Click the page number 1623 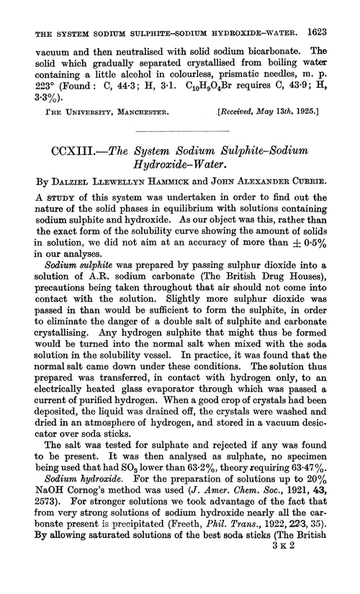[337, 12]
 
